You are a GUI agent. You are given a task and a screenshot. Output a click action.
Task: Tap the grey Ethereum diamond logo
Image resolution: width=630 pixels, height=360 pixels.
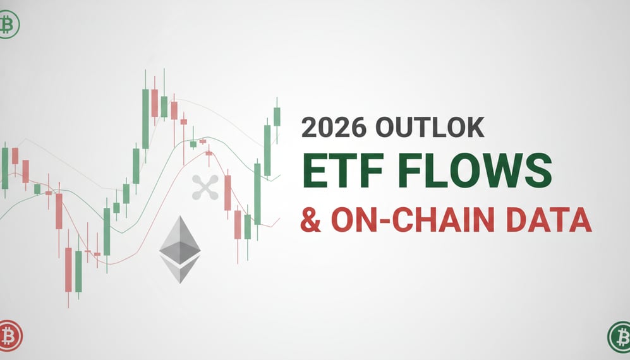(x=179, y=249)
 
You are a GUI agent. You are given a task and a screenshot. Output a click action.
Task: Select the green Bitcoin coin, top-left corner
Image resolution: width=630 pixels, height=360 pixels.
(x=8, y=25)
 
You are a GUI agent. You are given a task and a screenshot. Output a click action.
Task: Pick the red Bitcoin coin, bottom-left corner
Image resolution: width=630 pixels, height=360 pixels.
(x=9, y=335)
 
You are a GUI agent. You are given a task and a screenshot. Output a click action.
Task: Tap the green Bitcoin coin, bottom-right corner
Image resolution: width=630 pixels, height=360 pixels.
(x=619, y=335)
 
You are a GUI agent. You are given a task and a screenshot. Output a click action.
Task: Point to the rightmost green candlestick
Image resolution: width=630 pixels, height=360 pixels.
(x=277, y=116)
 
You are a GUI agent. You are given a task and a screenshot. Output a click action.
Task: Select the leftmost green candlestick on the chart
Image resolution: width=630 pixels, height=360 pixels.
(x=5, y=168)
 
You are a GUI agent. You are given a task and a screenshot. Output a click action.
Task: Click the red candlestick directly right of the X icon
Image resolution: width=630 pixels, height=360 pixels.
(x=227, y=192)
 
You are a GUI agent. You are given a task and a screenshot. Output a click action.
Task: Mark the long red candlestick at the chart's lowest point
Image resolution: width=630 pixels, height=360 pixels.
(x=68, y=269)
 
